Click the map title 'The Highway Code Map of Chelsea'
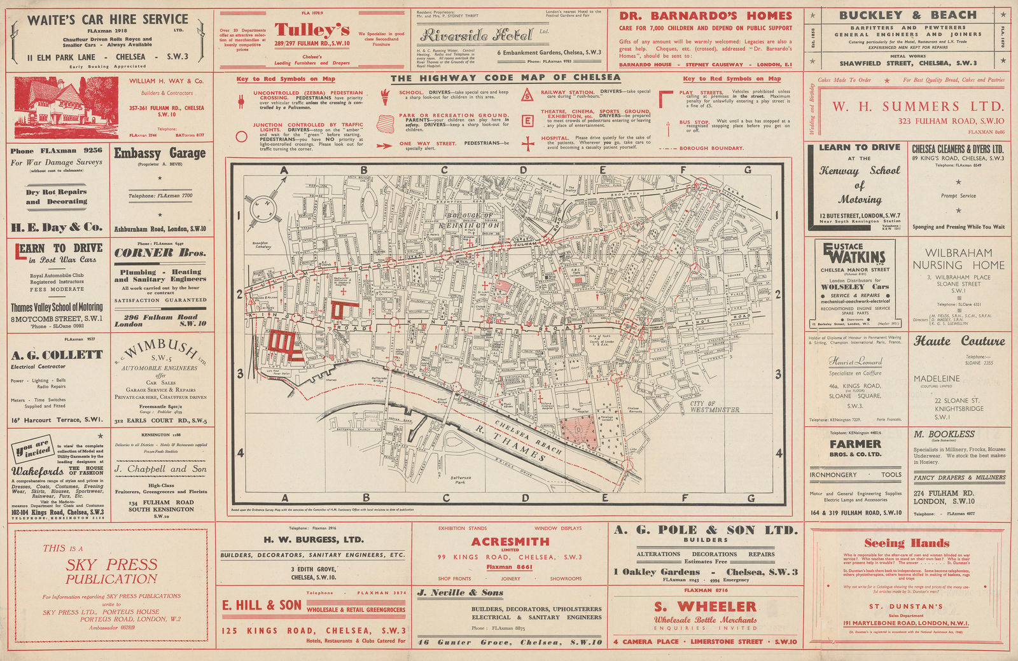(505, 78)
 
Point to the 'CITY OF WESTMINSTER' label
(715, 407)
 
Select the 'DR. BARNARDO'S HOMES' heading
(706, 16)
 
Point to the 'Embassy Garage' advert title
(160, 153)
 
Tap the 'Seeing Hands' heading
(907, 543)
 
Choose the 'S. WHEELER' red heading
(705, 606)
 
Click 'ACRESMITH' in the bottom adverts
(510, 541)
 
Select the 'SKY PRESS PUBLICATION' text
(111, 571)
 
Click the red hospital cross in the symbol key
(527, 144)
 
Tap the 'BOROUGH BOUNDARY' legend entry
(711, 148)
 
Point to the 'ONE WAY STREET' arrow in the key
(383, 145)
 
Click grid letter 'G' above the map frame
(748, 170)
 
